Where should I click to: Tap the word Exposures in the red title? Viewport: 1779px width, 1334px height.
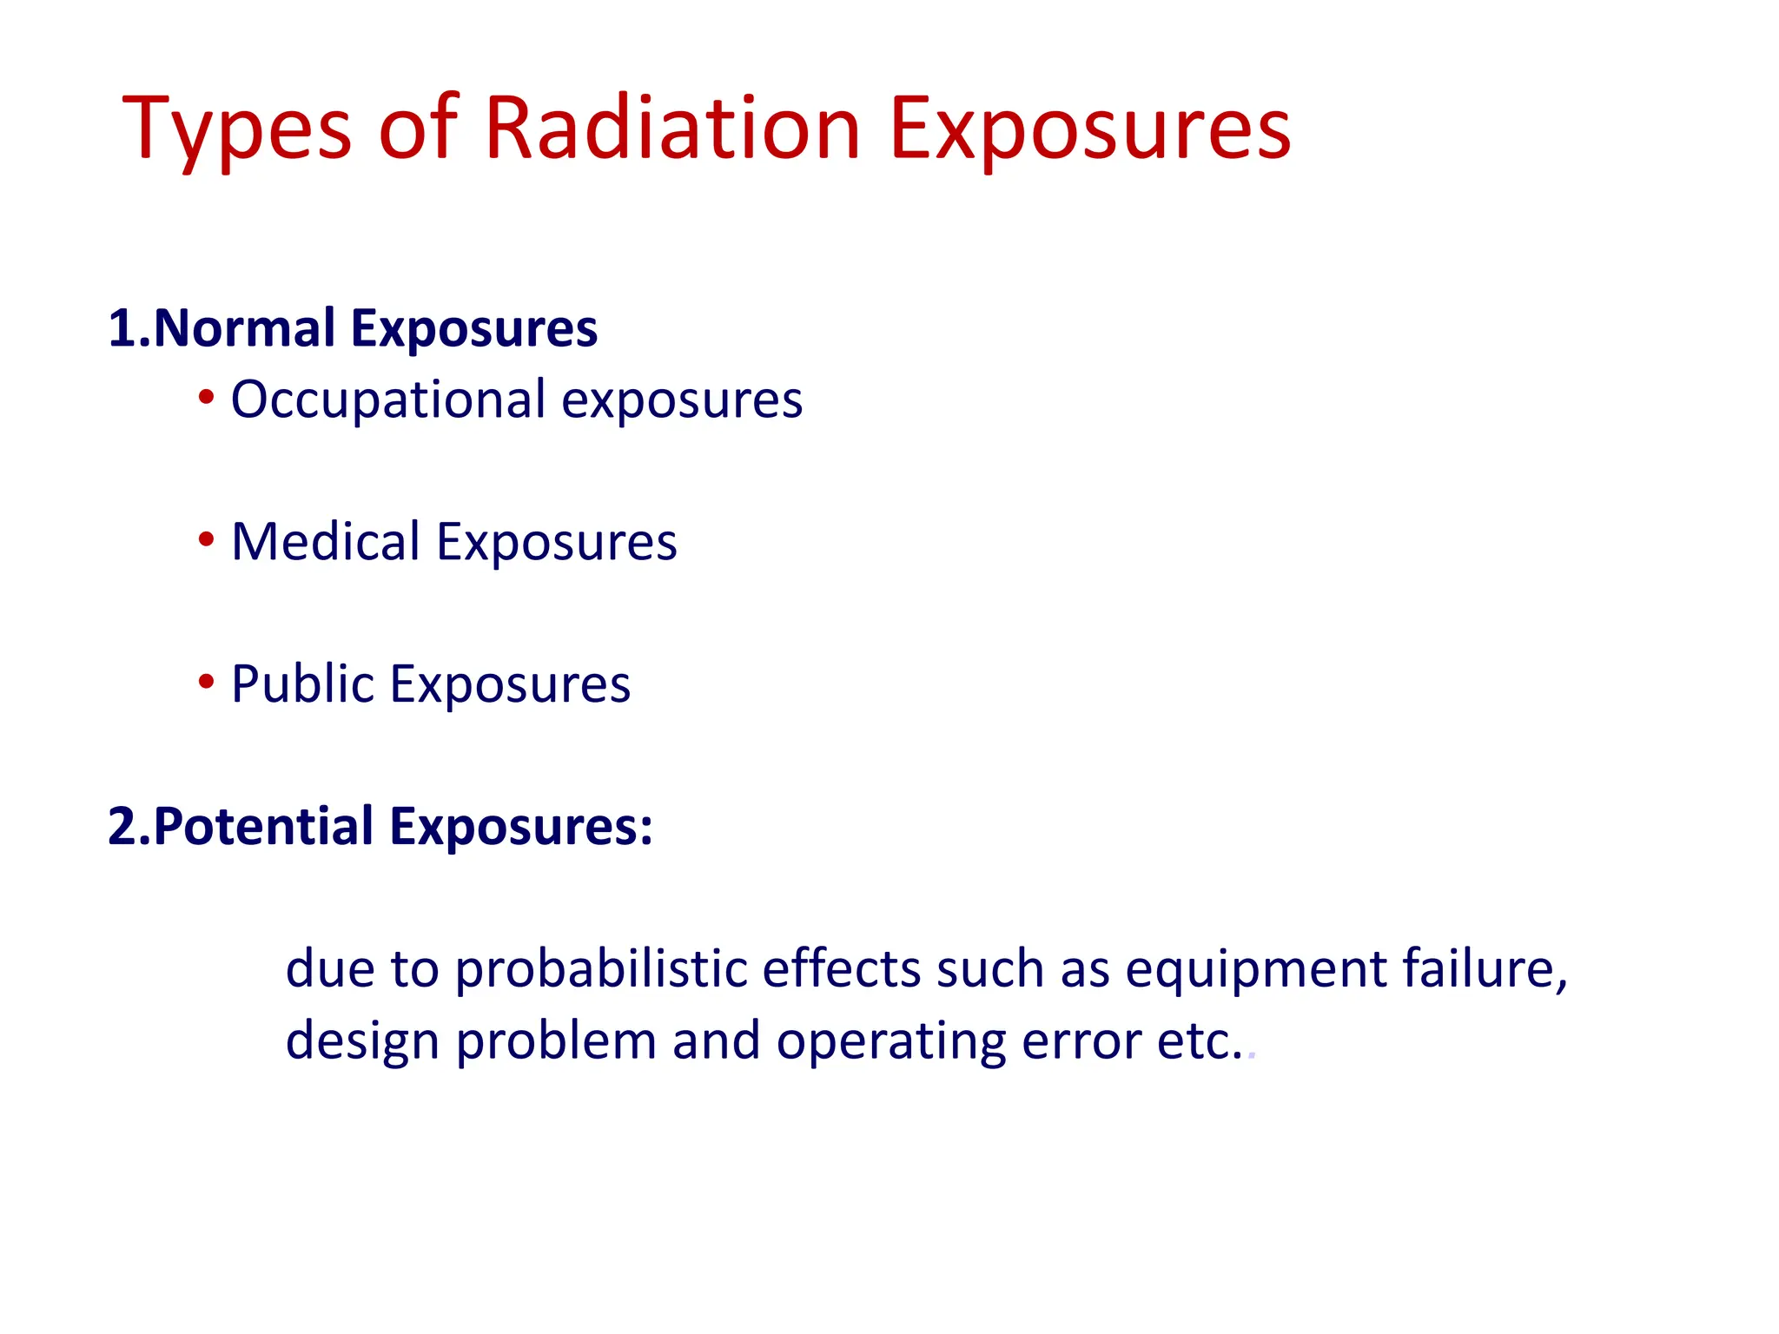(1090, 130)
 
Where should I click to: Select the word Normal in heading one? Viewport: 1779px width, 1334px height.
(244, 328)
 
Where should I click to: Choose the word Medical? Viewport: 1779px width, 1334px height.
(326, 542)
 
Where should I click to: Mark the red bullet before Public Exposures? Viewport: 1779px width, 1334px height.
(206, 682)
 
